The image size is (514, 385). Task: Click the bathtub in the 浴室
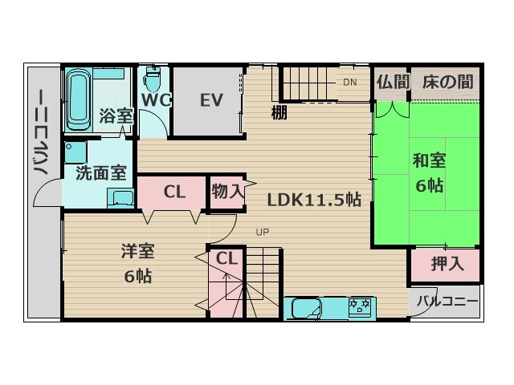(79, 99)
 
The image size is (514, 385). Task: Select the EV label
(211, 100)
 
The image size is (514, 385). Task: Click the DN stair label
(350, 82)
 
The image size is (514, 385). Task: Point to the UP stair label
(263, 232)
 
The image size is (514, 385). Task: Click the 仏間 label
(393, 82)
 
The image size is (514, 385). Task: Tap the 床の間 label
(447, 82)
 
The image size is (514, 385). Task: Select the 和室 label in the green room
(429, 160)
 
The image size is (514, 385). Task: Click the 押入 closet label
(447, 264)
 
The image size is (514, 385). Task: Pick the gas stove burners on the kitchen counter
(360, 306)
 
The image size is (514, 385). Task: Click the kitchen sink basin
(306, 308)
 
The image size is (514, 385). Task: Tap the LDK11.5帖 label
(314, 200)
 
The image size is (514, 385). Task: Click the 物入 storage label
(228, 191)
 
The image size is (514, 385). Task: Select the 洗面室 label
(101, 173)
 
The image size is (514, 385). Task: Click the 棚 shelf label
(279, 112)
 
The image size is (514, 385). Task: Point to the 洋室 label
(137, 251)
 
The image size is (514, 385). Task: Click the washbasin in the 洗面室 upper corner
(75, 152)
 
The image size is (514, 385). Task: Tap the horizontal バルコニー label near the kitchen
(447, 302)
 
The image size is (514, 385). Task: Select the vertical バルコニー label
(41, 132)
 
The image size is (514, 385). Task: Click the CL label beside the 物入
(174, 192)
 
